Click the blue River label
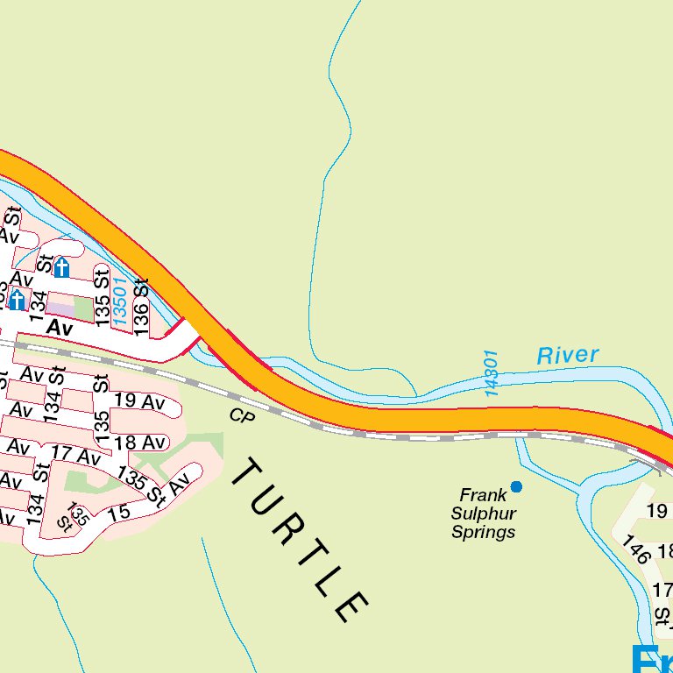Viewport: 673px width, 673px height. (568, 355)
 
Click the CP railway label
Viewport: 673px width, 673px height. (241, 415)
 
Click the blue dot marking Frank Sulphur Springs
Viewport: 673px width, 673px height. (516, 486)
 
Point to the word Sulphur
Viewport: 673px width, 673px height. (484, 514)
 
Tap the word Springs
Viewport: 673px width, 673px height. (484, 532)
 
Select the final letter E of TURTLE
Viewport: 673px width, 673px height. (351, 606)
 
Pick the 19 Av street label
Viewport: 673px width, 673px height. (140, 402)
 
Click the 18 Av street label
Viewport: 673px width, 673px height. (140, 443)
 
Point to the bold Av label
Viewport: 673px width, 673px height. (59, 327)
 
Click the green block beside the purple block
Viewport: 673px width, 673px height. (83, 308)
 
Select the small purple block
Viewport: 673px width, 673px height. (60, 309)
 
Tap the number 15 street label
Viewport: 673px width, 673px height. (119, 510)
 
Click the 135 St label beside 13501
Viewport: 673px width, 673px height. (103, 301)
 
